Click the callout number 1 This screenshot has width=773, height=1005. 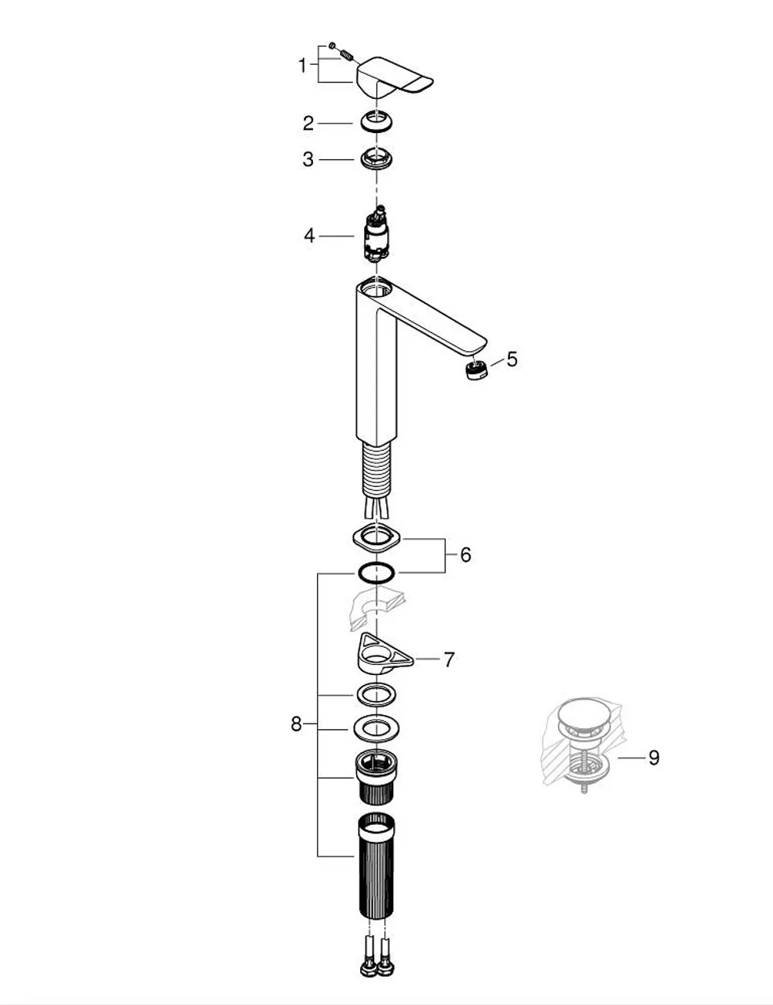click(x=302, y=66)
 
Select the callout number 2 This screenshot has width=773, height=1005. click(x=308, y=124)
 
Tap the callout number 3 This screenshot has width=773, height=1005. click(x=308, y=159)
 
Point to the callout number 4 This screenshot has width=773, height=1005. click(x=309, y=236)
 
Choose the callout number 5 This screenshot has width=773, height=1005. click(x=512, y=359)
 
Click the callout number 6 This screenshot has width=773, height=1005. click(x=465, y=555)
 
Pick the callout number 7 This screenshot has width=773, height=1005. click(x=449, y=660)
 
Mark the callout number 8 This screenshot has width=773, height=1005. click(x=296, y=724)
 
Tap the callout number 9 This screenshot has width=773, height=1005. click(x=654, y=758)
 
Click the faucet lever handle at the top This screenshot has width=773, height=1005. click(x=394, y=77)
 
